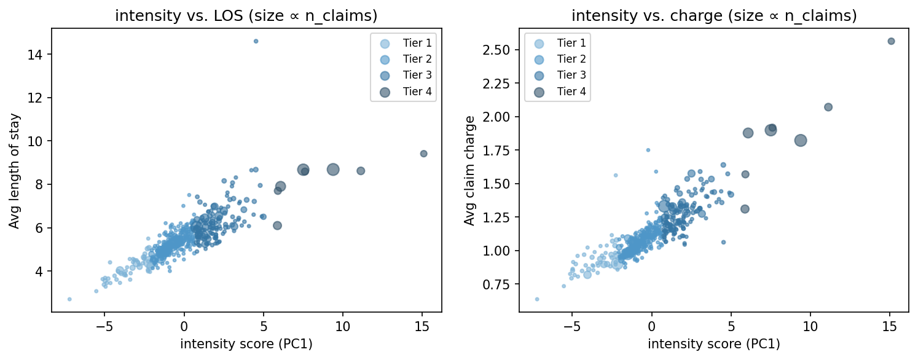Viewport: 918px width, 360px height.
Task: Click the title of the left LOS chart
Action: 246,16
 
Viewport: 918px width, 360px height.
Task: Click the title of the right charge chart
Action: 713,16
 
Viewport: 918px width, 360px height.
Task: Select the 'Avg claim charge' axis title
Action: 469,171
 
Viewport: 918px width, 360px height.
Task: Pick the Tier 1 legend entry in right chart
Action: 557,43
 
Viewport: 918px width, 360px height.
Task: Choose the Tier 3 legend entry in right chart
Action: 557,76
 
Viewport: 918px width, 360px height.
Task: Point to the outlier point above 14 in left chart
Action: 256,41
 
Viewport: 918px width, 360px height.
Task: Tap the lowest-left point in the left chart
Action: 69,299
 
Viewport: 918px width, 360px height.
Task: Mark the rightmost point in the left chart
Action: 423,154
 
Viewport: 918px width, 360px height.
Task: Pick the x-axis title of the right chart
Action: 713,344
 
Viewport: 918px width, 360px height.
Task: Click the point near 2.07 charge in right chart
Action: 828,107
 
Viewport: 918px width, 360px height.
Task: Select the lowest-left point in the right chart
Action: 537,299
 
